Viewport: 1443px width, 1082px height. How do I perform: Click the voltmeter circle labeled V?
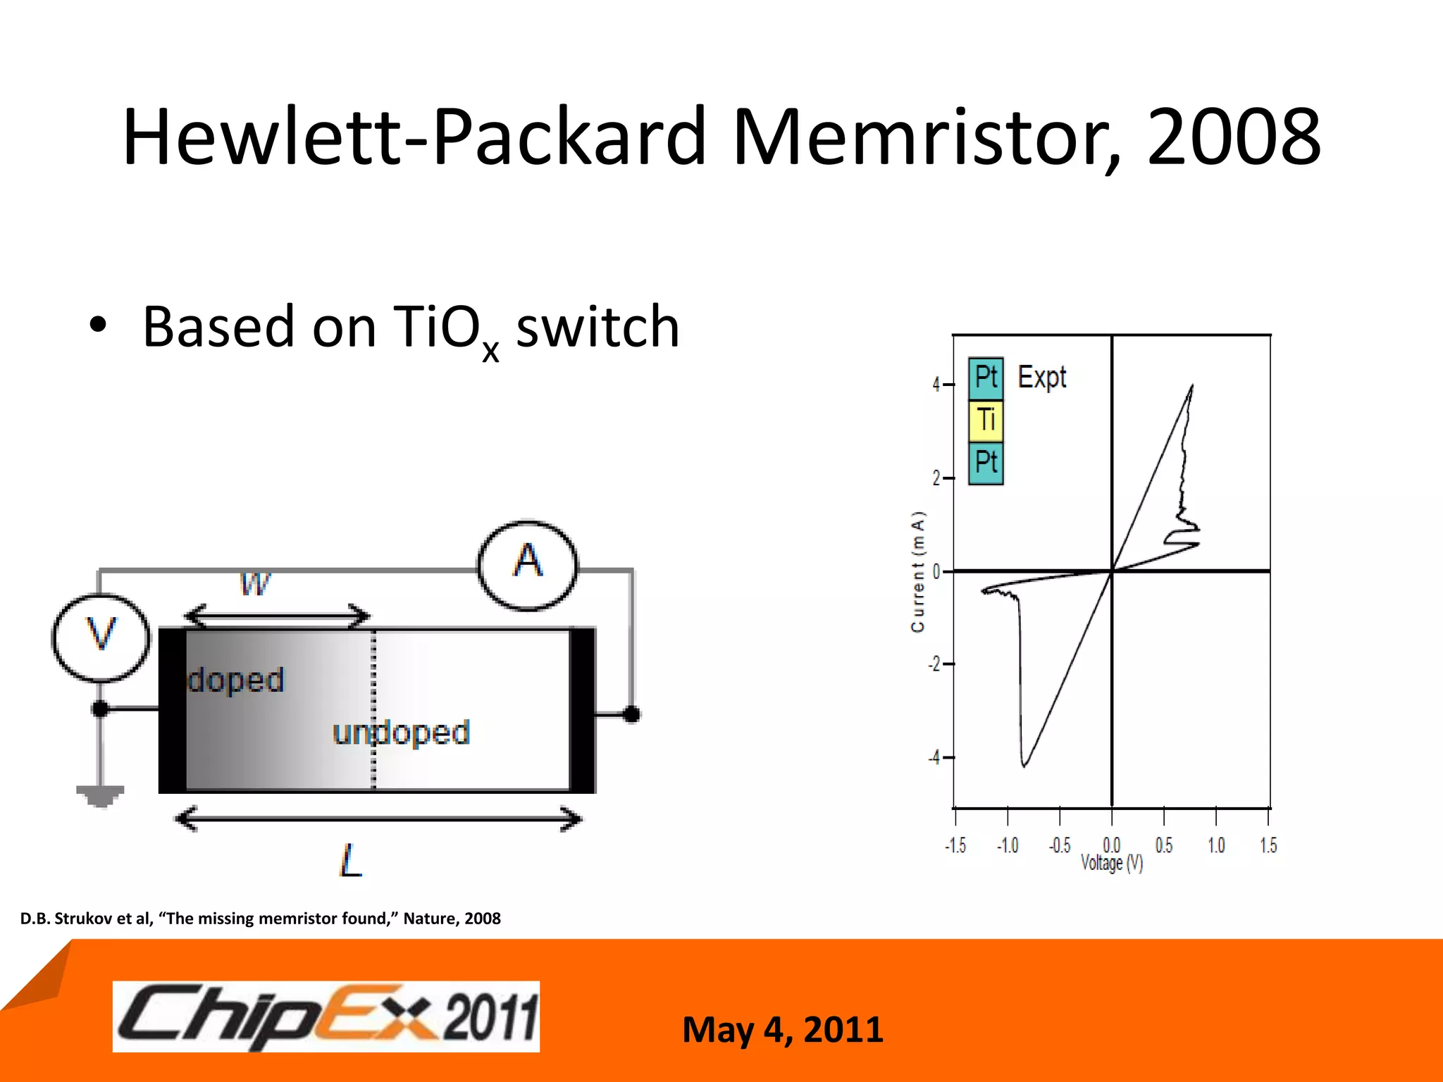point(101,638)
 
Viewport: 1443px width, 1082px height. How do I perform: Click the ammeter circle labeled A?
point(528,564)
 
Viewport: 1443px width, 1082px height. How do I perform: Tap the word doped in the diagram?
point(235,680)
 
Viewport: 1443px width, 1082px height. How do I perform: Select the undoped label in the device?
point(401,733)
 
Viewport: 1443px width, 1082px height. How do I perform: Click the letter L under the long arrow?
point(350,860)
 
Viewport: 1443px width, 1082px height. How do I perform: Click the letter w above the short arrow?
point(254,583)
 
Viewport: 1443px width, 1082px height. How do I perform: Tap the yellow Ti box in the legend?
point(986,421)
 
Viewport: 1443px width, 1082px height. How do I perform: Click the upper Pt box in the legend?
point(986,378)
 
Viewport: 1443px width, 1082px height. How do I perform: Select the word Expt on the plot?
point(1041,378)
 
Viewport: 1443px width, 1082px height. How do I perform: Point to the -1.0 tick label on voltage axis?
point(1008,845)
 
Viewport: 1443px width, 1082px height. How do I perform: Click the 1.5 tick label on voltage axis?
point(1268,845)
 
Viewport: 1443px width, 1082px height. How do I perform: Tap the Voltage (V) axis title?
point(1112,864)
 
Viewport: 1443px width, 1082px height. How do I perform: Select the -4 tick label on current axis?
point(934,758)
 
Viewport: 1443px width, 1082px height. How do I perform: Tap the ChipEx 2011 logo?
point(326,1016)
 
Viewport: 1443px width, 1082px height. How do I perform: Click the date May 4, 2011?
point(782,1029)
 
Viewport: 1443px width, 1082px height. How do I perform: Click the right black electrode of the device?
point(583,710)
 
